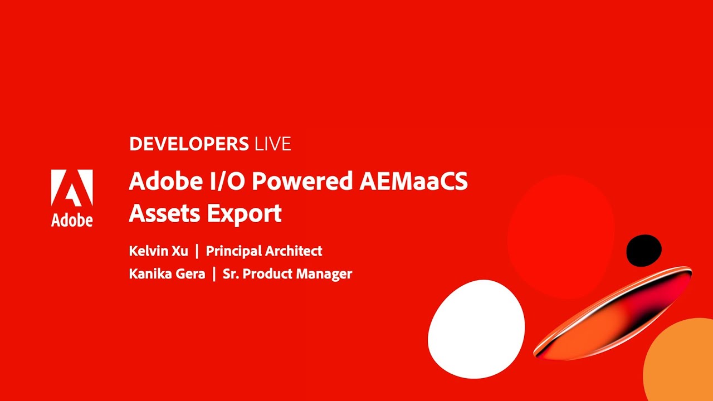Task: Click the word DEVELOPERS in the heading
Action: [188, 144]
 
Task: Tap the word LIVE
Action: [272, 144]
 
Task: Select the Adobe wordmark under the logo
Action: [72, 220]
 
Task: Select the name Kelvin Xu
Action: [158, 251]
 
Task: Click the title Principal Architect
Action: [264, 251]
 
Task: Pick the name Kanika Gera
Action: [167, 274]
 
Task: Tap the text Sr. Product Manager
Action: [287, 274]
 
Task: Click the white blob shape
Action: [476, 329]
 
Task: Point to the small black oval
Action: [644, 250]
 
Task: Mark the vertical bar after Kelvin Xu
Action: [197, 251]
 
